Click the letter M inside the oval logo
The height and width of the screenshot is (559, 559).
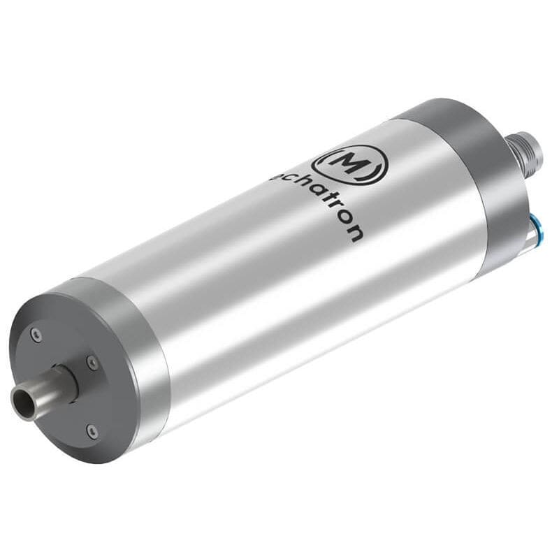(347, 163)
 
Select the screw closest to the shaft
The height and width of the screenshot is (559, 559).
(92, 362)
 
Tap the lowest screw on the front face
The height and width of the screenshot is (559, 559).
(92, 432)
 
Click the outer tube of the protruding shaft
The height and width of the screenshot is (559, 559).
(42, 391)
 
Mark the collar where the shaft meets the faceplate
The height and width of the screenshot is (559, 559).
(66, 381)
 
